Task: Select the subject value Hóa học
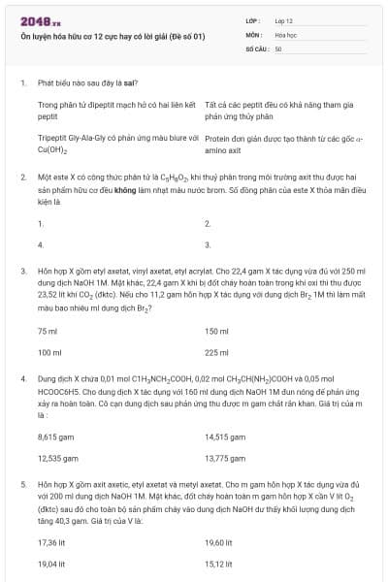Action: click(x=285, y=34)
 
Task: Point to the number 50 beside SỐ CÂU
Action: click(x=278, y=48)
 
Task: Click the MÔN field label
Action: click(x=254, y=34)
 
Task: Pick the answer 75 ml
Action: click(x=48, y=332)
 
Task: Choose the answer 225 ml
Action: click(x=216, y=353)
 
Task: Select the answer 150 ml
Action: click(x=216, y=332)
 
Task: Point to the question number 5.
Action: click(x=22, y=482)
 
